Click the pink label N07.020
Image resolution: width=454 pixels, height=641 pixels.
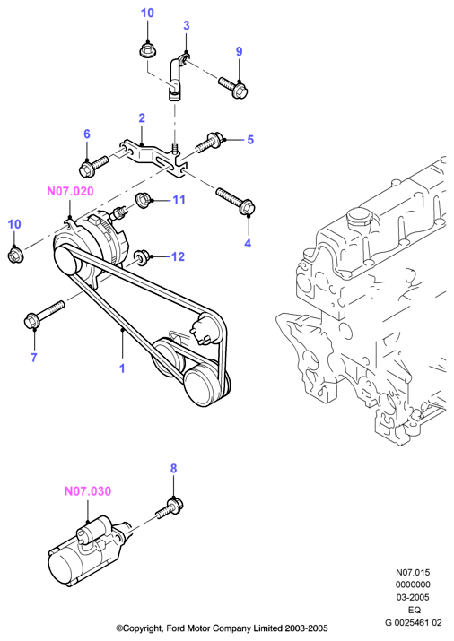70,191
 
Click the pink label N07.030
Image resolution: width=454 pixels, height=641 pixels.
88,491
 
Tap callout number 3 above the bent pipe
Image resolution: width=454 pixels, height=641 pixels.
187,25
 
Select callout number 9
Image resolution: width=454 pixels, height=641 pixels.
240,51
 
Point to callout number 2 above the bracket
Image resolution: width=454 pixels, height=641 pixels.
142,118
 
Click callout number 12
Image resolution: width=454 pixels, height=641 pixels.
178,256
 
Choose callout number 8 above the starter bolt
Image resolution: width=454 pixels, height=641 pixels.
173,469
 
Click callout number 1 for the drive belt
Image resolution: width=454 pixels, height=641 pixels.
122,368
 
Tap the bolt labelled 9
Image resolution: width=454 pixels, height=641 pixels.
233,88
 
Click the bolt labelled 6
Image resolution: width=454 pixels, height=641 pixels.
93,164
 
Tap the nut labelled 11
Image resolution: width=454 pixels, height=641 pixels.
144,200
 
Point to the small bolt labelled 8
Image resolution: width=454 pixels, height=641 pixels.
170,508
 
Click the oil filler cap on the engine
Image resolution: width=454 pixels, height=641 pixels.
359,219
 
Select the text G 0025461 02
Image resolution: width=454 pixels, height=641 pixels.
413,622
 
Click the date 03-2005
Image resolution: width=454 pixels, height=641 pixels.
413,597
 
